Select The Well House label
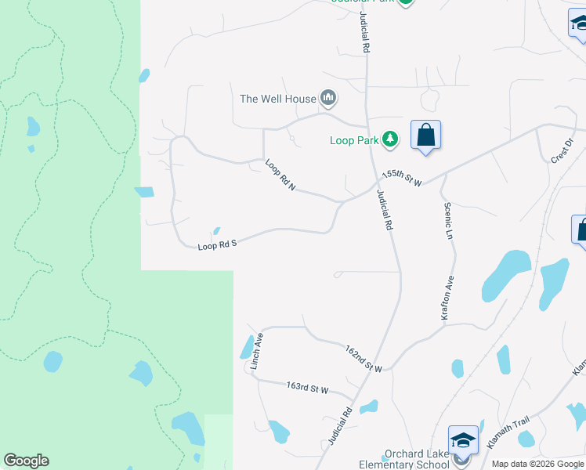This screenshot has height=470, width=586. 278,99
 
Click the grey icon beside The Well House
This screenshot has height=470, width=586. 328,99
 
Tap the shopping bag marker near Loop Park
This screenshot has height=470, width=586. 425,135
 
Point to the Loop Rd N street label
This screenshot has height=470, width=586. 280,175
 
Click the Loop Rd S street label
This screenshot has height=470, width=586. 217,245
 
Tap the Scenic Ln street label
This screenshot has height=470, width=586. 449,221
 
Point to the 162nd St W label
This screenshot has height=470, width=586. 364,358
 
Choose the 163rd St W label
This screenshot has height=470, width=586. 307,388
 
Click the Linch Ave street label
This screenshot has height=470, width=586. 256,351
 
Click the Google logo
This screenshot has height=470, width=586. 26,461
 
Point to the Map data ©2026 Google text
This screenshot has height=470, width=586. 538,464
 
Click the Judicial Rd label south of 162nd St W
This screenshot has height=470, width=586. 341,427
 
